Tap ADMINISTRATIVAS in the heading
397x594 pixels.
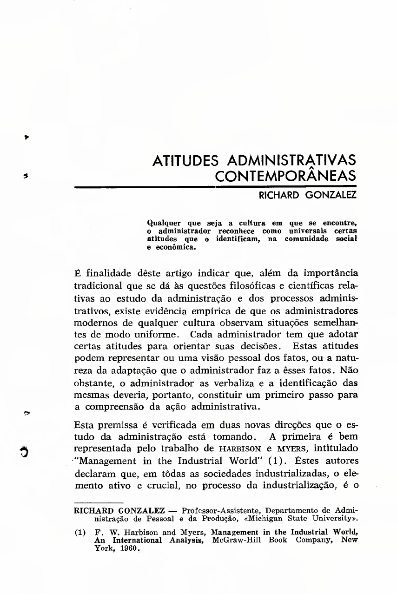coord(291,161)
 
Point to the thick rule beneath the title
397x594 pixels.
coord(215,187)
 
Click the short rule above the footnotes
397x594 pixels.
coord(99,503)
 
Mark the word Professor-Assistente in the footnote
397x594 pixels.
coord(217,512)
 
